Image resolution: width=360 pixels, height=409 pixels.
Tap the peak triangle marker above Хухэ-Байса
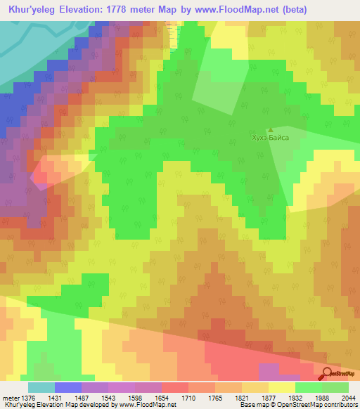(271, 129)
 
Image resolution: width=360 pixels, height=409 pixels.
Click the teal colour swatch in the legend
(41, 387)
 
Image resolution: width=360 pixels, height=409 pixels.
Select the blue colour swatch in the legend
(68, 387)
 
